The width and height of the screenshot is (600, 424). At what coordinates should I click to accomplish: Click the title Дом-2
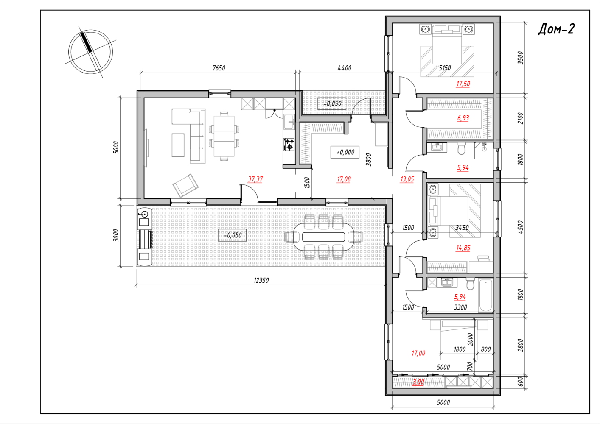[x=556, y=29]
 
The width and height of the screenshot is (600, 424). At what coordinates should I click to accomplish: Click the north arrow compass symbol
[x=90, y=52]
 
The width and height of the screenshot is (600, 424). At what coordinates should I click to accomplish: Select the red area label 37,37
[x=255, y=179]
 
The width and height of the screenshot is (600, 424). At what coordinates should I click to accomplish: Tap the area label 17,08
[x=344, y=179]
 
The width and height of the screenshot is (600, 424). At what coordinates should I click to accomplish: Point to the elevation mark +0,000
[x=345, y=152]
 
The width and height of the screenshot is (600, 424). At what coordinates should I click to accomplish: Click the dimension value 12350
[x=261, y=280]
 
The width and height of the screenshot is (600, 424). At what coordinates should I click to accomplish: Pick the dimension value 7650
[x=219, y=68]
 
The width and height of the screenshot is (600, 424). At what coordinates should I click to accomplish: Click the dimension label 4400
[x=345, y=68]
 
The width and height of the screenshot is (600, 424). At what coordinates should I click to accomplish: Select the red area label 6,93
[x=463, y=118]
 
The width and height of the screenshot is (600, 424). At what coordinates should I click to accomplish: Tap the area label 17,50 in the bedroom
[x=463, y=84]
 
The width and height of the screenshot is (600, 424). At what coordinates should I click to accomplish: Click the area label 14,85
[x=463, y=248]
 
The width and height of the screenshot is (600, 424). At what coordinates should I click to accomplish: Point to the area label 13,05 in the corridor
[x=407, y=179]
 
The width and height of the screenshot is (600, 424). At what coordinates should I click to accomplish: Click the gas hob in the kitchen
[x=289, y=144]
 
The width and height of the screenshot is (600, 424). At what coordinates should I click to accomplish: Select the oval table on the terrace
[x=324, y=237]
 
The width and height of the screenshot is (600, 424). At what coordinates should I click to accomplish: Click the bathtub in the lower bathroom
[x=485, y=295]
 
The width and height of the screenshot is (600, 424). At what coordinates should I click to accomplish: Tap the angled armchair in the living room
[x=185, y=186]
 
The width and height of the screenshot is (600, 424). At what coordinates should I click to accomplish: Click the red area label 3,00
[x=418, y=382]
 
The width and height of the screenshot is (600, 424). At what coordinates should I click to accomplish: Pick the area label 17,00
[x=418, y=353]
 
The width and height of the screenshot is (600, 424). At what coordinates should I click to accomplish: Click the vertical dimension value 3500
[x=520, y=58]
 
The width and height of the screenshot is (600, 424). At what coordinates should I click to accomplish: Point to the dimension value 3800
[x=369, y=160]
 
